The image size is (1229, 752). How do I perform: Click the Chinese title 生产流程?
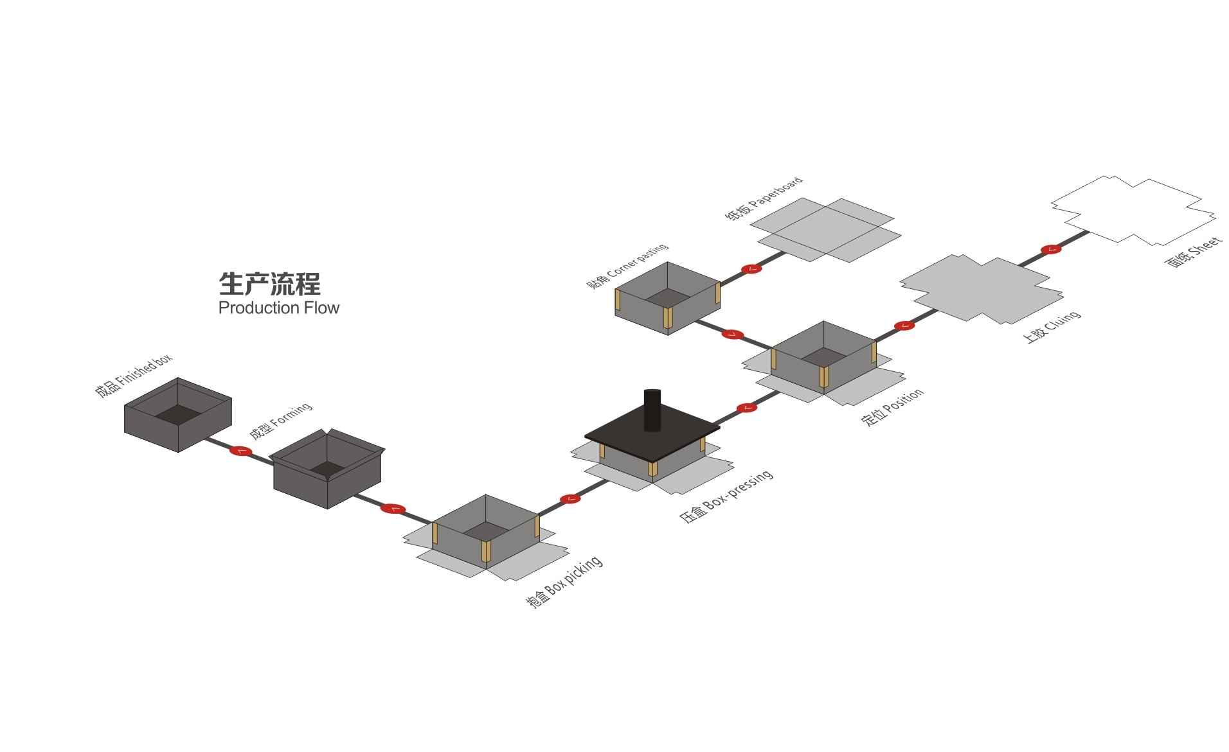(x=269, y=284)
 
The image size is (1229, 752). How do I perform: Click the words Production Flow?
(x=278, y=308)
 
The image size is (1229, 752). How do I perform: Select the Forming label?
(x=281, y=421)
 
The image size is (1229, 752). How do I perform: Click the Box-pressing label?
(x=726, y=497)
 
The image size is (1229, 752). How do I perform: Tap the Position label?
(x=892, y=407)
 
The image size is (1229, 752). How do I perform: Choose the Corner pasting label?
(x=627, y=266)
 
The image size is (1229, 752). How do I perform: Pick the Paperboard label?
(x=764, y=199)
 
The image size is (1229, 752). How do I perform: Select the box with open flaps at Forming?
(x=327, y=468)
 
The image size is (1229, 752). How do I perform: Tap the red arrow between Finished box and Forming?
(x=240, y=451)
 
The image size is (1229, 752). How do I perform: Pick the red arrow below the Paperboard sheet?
(x=751, y=268)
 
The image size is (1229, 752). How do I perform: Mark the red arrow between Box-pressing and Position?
(x=746, y=407)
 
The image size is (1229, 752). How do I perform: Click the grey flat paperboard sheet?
(x=825, y=229)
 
